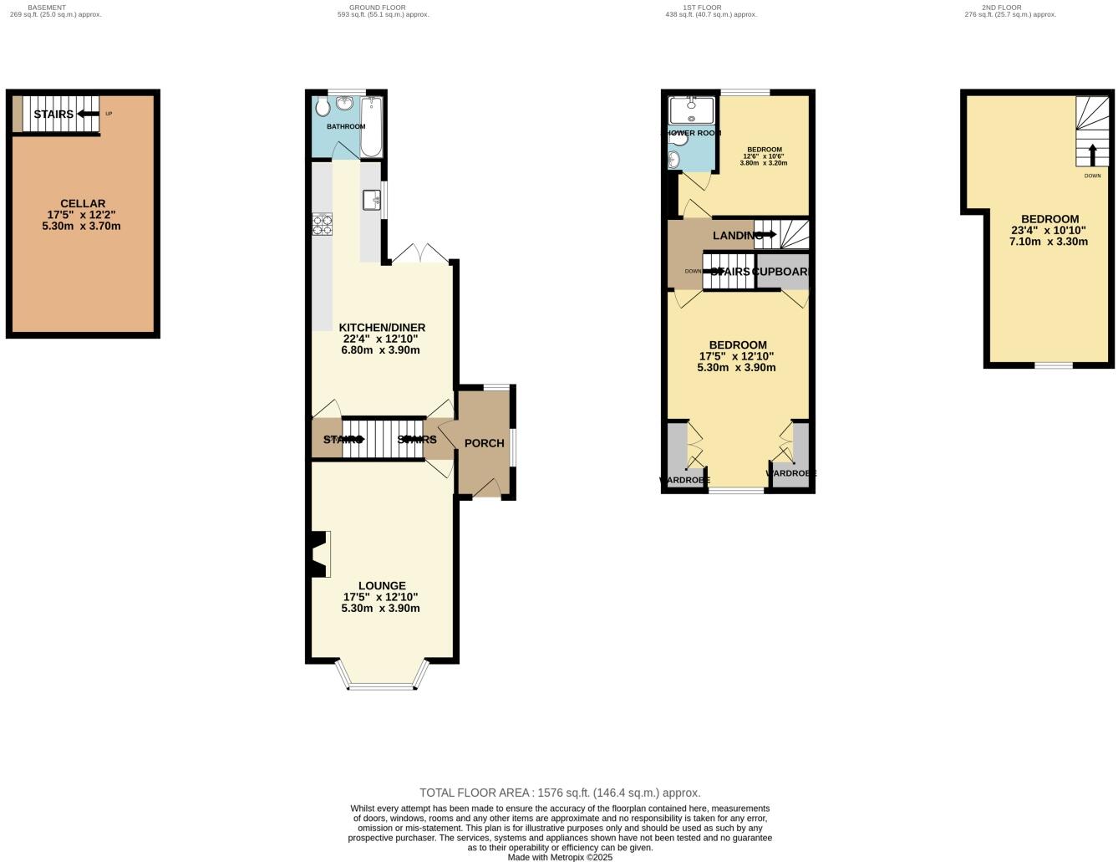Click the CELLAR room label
[83, 203]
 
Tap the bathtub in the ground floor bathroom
[371, 127]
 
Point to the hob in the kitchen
[322, 224]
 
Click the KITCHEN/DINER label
[381, 328]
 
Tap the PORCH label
[484, 443]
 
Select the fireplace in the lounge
[319, 554]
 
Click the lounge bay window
[382, 686]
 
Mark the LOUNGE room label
[382, 586]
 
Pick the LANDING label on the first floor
[736, 236]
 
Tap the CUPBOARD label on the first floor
[781, 272]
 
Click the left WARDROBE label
[684, 480]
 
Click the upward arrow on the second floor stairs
[1092, 156]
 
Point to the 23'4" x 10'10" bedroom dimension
[1049, 231]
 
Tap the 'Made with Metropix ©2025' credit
[560, 857]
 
